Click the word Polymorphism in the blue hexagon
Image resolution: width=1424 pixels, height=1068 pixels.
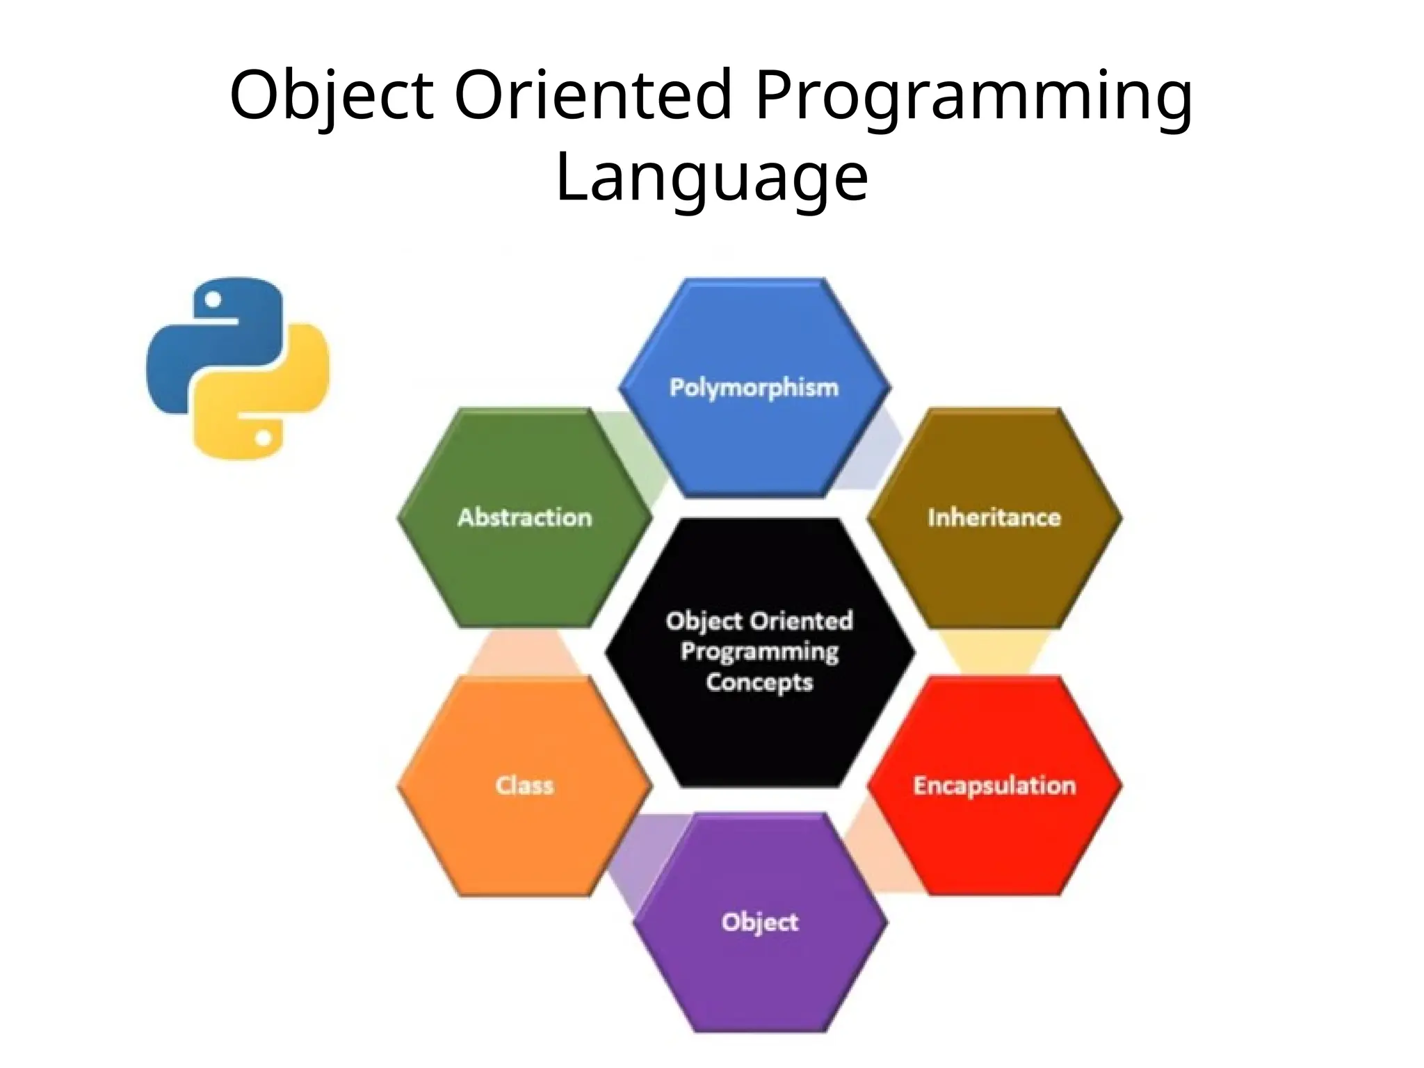[x=754, y=387]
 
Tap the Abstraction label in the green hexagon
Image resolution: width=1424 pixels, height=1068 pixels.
[x=524, y=517]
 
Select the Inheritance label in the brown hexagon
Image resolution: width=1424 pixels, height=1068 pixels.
[x=994, y=517]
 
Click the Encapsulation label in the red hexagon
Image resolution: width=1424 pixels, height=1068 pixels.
[x=994, y=786]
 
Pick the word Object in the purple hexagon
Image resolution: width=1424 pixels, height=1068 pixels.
[x=759, y=922]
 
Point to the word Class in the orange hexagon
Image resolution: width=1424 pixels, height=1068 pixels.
[x=524, y=786]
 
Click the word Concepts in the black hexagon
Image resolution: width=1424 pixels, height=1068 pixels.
[x=759, y=682]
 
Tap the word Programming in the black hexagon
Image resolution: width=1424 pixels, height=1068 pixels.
[x=759, y=652]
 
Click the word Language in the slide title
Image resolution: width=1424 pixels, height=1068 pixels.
[x=712, y=177]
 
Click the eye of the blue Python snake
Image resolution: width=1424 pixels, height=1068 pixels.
[x=214, y=300]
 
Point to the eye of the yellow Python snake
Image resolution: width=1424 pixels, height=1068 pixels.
[x=263, y=438]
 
